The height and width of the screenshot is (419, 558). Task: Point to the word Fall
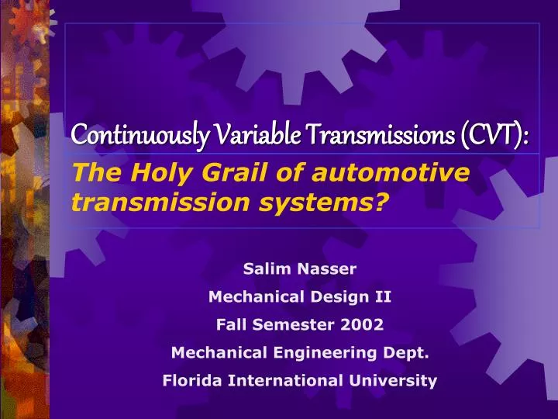click(x=232, y=325)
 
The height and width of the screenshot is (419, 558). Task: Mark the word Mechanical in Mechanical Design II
click(x=248, y=297)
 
